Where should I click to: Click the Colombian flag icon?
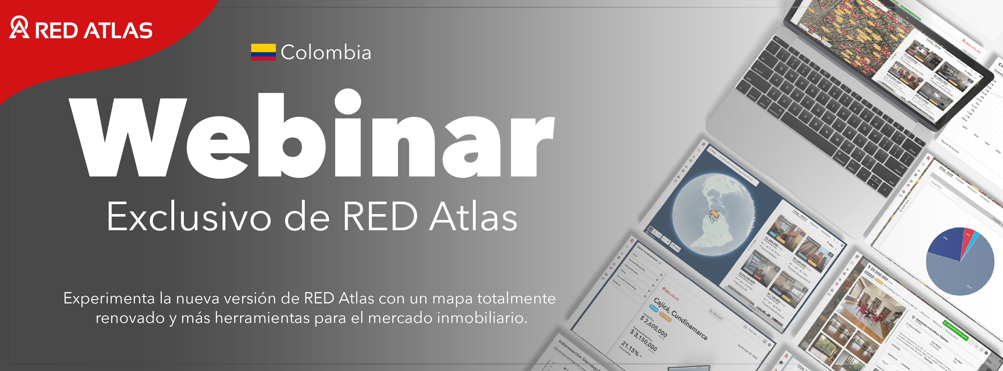pos(263,52)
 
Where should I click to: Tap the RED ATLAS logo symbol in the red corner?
pos(19,27)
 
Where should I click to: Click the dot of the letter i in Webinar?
pos(348,102)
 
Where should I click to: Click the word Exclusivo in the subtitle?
pos(189,217)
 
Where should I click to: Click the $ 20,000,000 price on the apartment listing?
pos(878,273)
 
